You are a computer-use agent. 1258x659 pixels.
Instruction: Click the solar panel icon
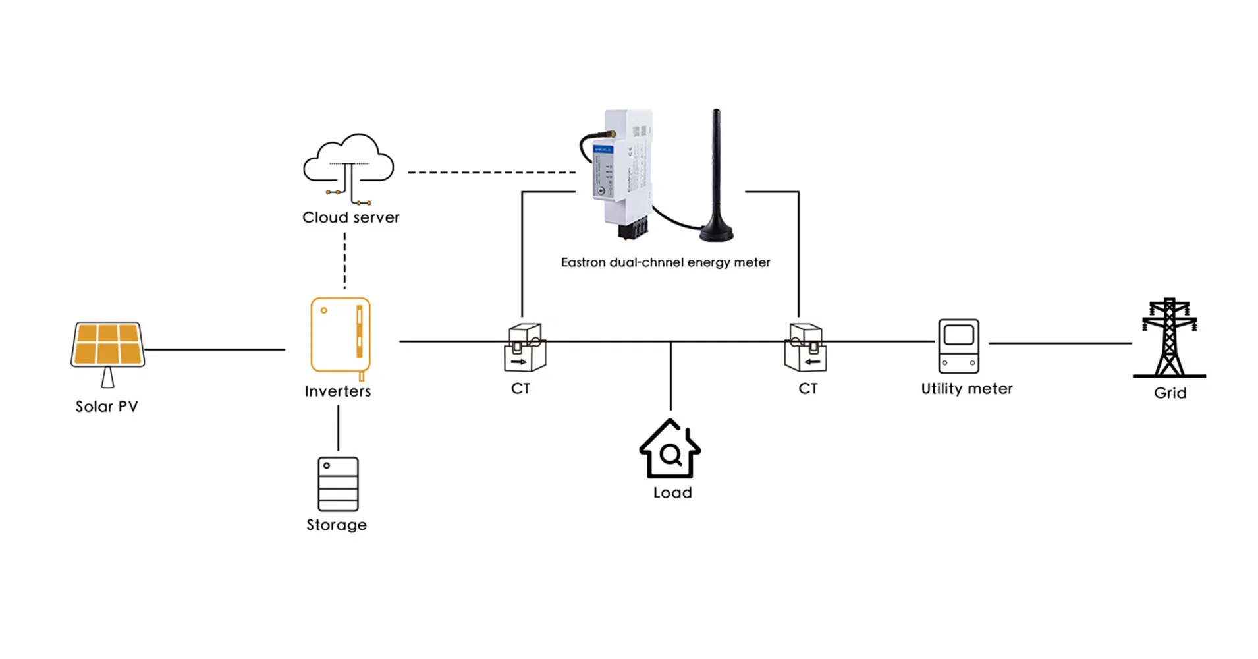107,344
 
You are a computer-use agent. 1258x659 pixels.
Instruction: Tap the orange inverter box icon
340,335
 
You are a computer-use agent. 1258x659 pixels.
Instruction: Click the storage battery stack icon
338,484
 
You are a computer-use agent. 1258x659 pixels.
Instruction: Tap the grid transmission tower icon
1169,337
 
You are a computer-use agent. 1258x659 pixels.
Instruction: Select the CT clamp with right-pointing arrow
524,348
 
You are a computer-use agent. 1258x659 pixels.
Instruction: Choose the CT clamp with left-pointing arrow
805,348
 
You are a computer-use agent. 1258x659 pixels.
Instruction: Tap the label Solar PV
107,407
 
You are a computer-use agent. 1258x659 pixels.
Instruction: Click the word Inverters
338,391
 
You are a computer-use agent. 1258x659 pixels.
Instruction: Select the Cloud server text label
350,217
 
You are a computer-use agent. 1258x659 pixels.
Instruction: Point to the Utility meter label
966,389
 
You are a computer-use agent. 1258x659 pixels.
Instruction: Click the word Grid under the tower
1170,393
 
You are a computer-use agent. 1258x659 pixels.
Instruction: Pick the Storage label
337,525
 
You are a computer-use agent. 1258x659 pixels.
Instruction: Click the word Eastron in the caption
583,262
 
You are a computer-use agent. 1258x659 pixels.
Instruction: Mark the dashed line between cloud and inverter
344,260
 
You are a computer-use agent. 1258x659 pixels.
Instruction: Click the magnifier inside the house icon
670,455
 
